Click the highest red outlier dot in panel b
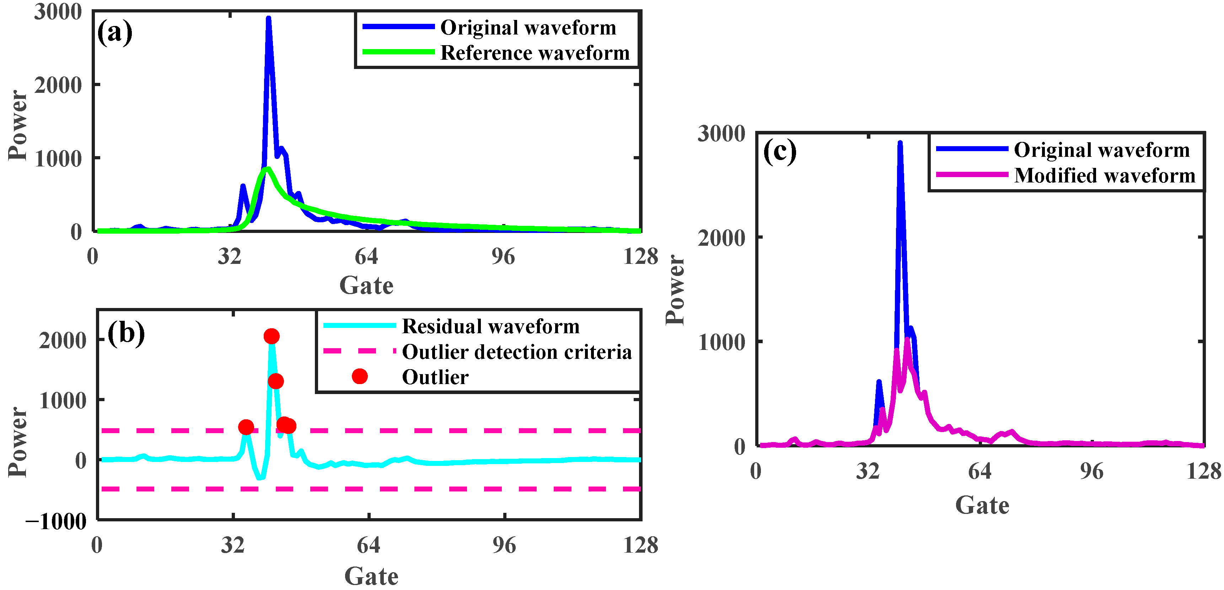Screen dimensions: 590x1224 (x=271, y=336)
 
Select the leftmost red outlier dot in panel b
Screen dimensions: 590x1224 (x=246, y=427)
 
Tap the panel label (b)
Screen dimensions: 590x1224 (x=126, y=333)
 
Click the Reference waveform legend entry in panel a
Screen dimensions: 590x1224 (x=535, y=53)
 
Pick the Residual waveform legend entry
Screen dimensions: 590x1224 (x=490, y=326)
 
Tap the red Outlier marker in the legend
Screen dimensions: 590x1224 (x=360, y=377)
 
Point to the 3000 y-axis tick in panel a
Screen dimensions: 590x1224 (x=58, y=12)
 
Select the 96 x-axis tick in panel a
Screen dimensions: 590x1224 (x=503, y=257)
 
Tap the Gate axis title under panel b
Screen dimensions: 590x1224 (x=371, y=576)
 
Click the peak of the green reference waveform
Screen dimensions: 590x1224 (x=268, y=168)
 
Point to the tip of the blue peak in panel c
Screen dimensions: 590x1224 (x=900, y=143)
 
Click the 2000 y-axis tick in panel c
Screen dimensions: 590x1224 (x=721, y=238)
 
